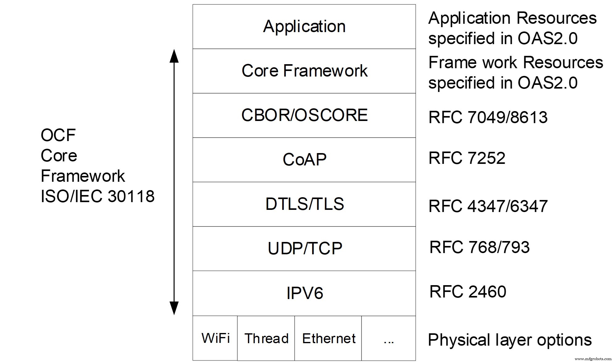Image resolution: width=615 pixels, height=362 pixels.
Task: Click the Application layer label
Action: pos(304,27)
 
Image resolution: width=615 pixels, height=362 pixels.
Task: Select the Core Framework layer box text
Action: pos(304,71)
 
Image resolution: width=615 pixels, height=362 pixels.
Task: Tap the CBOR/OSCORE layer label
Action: pos(304,115)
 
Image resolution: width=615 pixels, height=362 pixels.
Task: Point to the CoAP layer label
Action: pos(304,160)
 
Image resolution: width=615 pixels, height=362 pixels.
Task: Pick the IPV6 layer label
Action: pos(304,293)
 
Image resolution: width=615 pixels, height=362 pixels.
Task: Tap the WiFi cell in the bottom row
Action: pos(215,338)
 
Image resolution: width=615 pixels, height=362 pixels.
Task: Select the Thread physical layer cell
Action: pos(266,339)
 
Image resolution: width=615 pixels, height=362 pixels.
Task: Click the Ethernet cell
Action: pos(328,339)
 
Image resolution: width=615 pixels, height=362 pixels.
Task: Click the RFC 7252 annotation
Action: pos(466,158)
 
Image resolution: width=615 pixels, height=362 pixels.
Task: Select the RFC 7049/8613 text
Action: pos(487,117)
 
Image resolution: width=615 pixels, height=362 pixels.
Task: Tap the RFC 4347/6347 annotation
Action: pos(487,206)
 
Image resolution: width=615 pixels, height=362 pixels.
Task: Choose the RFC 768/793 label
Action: pos(479,247)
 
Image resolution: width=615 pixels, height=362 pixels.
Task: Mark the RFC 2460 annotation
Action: pos(467,292)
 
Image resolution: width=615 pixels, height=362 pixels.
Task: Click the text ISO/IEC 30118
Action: pos(97,196)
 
